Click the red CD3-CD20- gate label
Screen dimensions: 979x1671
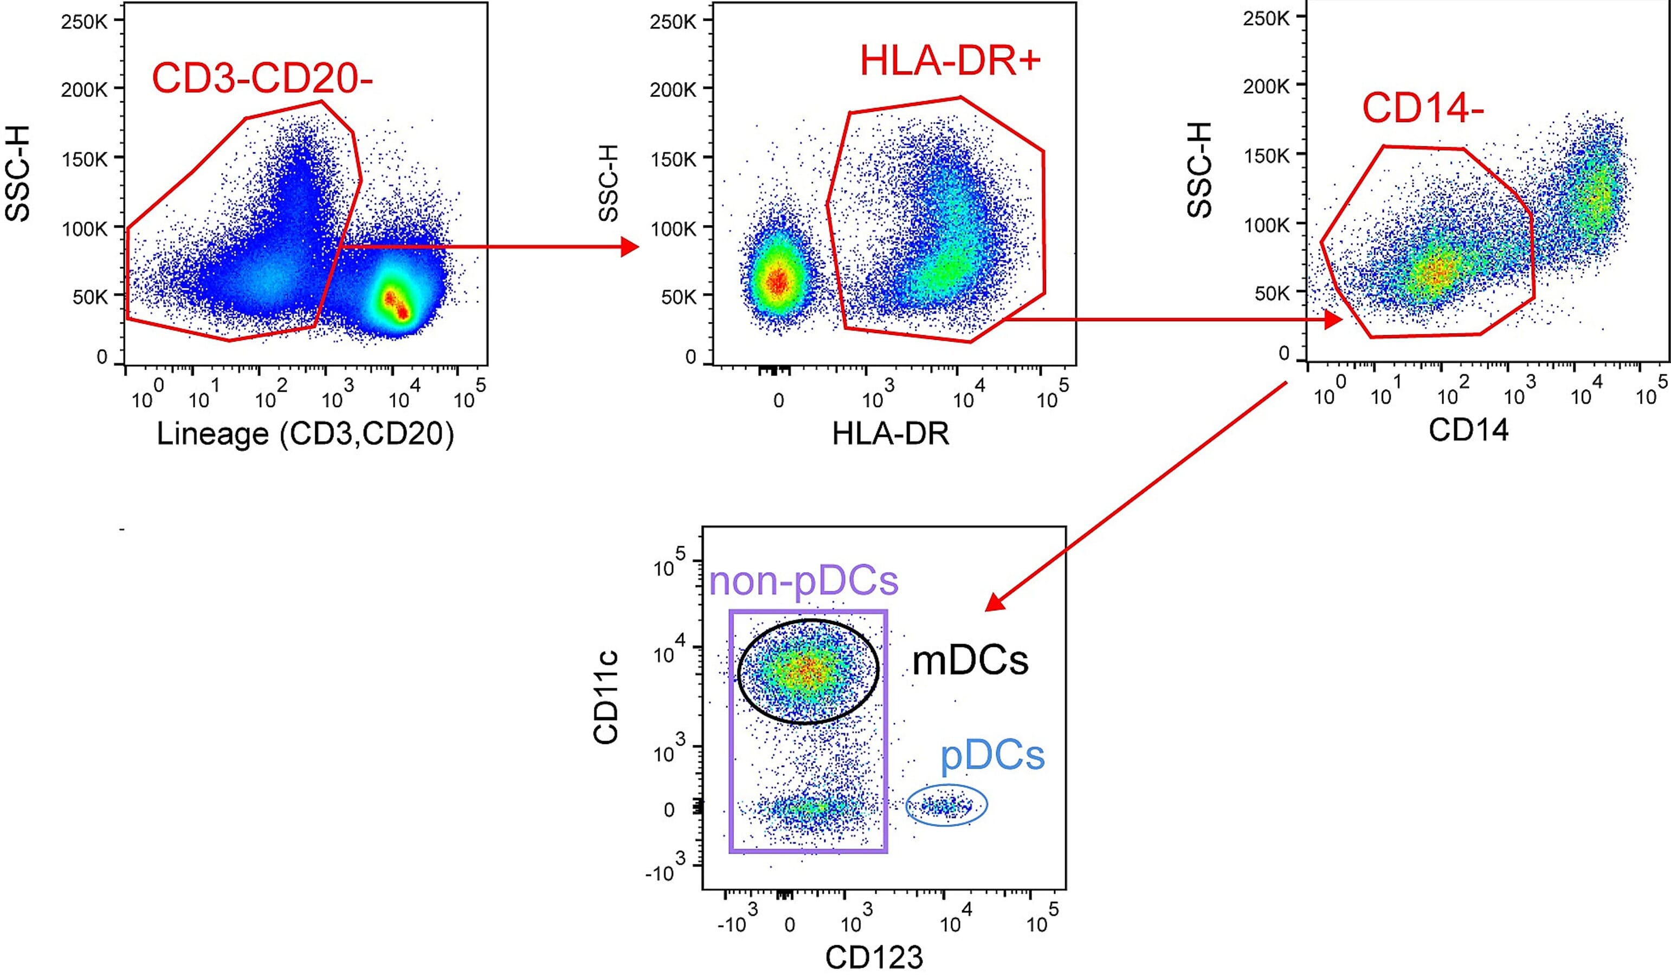coord(262,78)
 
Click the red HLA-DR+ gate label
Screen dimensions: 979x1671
coord(950,61)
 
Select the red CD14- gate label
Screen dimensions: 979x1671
coord(1422,107)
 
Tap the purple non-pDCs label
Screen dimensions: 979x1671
coord(804,581)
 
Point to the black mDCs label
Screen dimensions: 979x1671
coord(970,661)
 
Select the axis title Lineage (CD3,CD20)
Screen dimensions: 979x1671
coord(305,434)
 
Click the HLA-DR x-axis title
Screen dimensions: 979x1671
coord(890,433)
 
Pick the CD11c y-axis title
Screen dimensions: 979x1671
coord(606,697)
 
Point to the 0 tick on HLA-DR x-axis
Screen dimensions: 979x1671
coord(778,400)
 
